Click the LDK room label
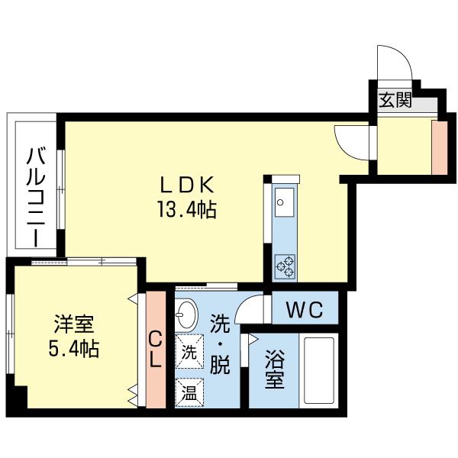(190, 185)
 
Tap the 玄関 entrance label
(395, 99)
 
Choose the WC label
(305, 311)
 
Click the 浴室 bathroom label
(275, 369)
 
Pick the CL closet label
(155, 349)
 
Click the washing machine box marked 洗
(189, 353)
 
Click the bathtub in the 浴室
(321, 369)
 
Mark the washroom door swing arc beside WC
(250, 311)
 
